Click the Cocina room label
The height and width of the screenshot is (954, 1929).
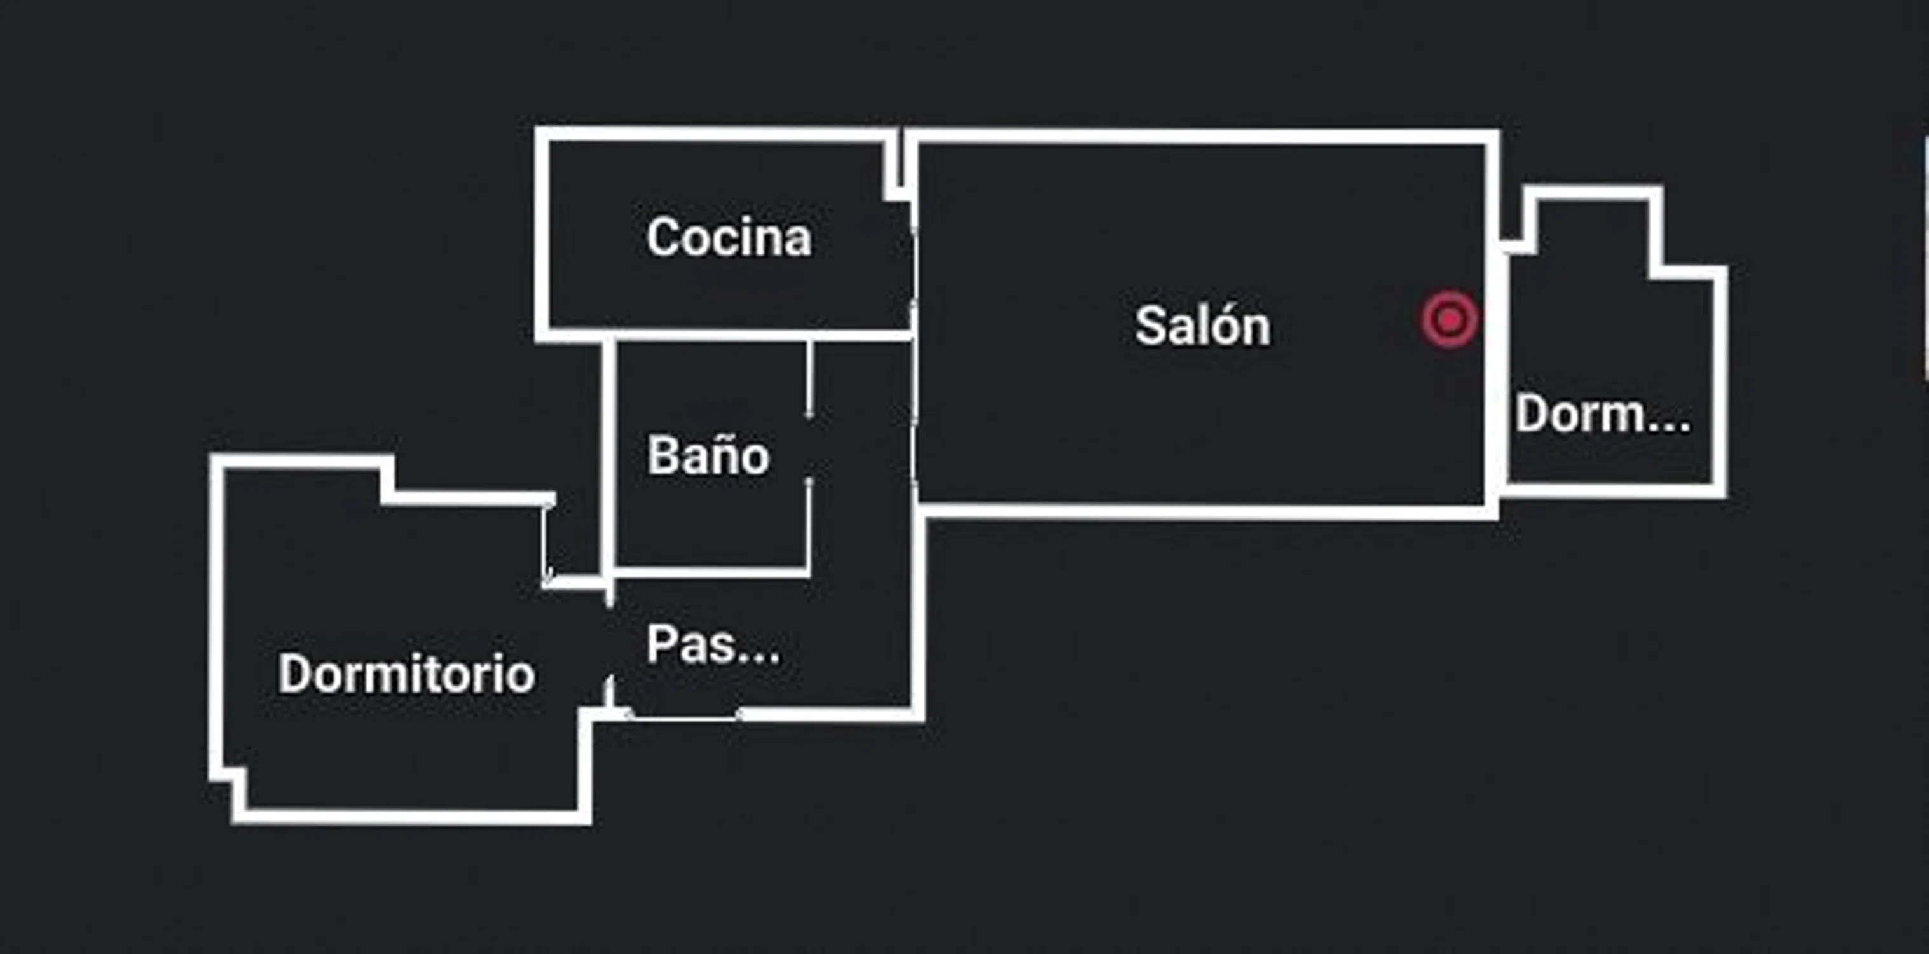[729, 237]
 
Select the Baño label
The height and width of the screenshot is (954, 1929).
[708, 455]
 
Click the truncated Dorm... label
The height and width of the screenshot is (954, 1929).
[1602, 414]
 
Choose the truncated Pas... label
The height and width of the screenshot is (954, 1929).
[713, 645]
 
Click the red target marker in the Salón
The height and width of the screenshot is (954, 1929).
[1450, 320]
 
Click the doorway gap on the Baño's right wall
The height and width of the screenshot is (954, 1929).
[809, 448]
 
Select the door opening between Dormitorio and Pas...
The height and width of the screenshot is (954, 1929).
[610, 640]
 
